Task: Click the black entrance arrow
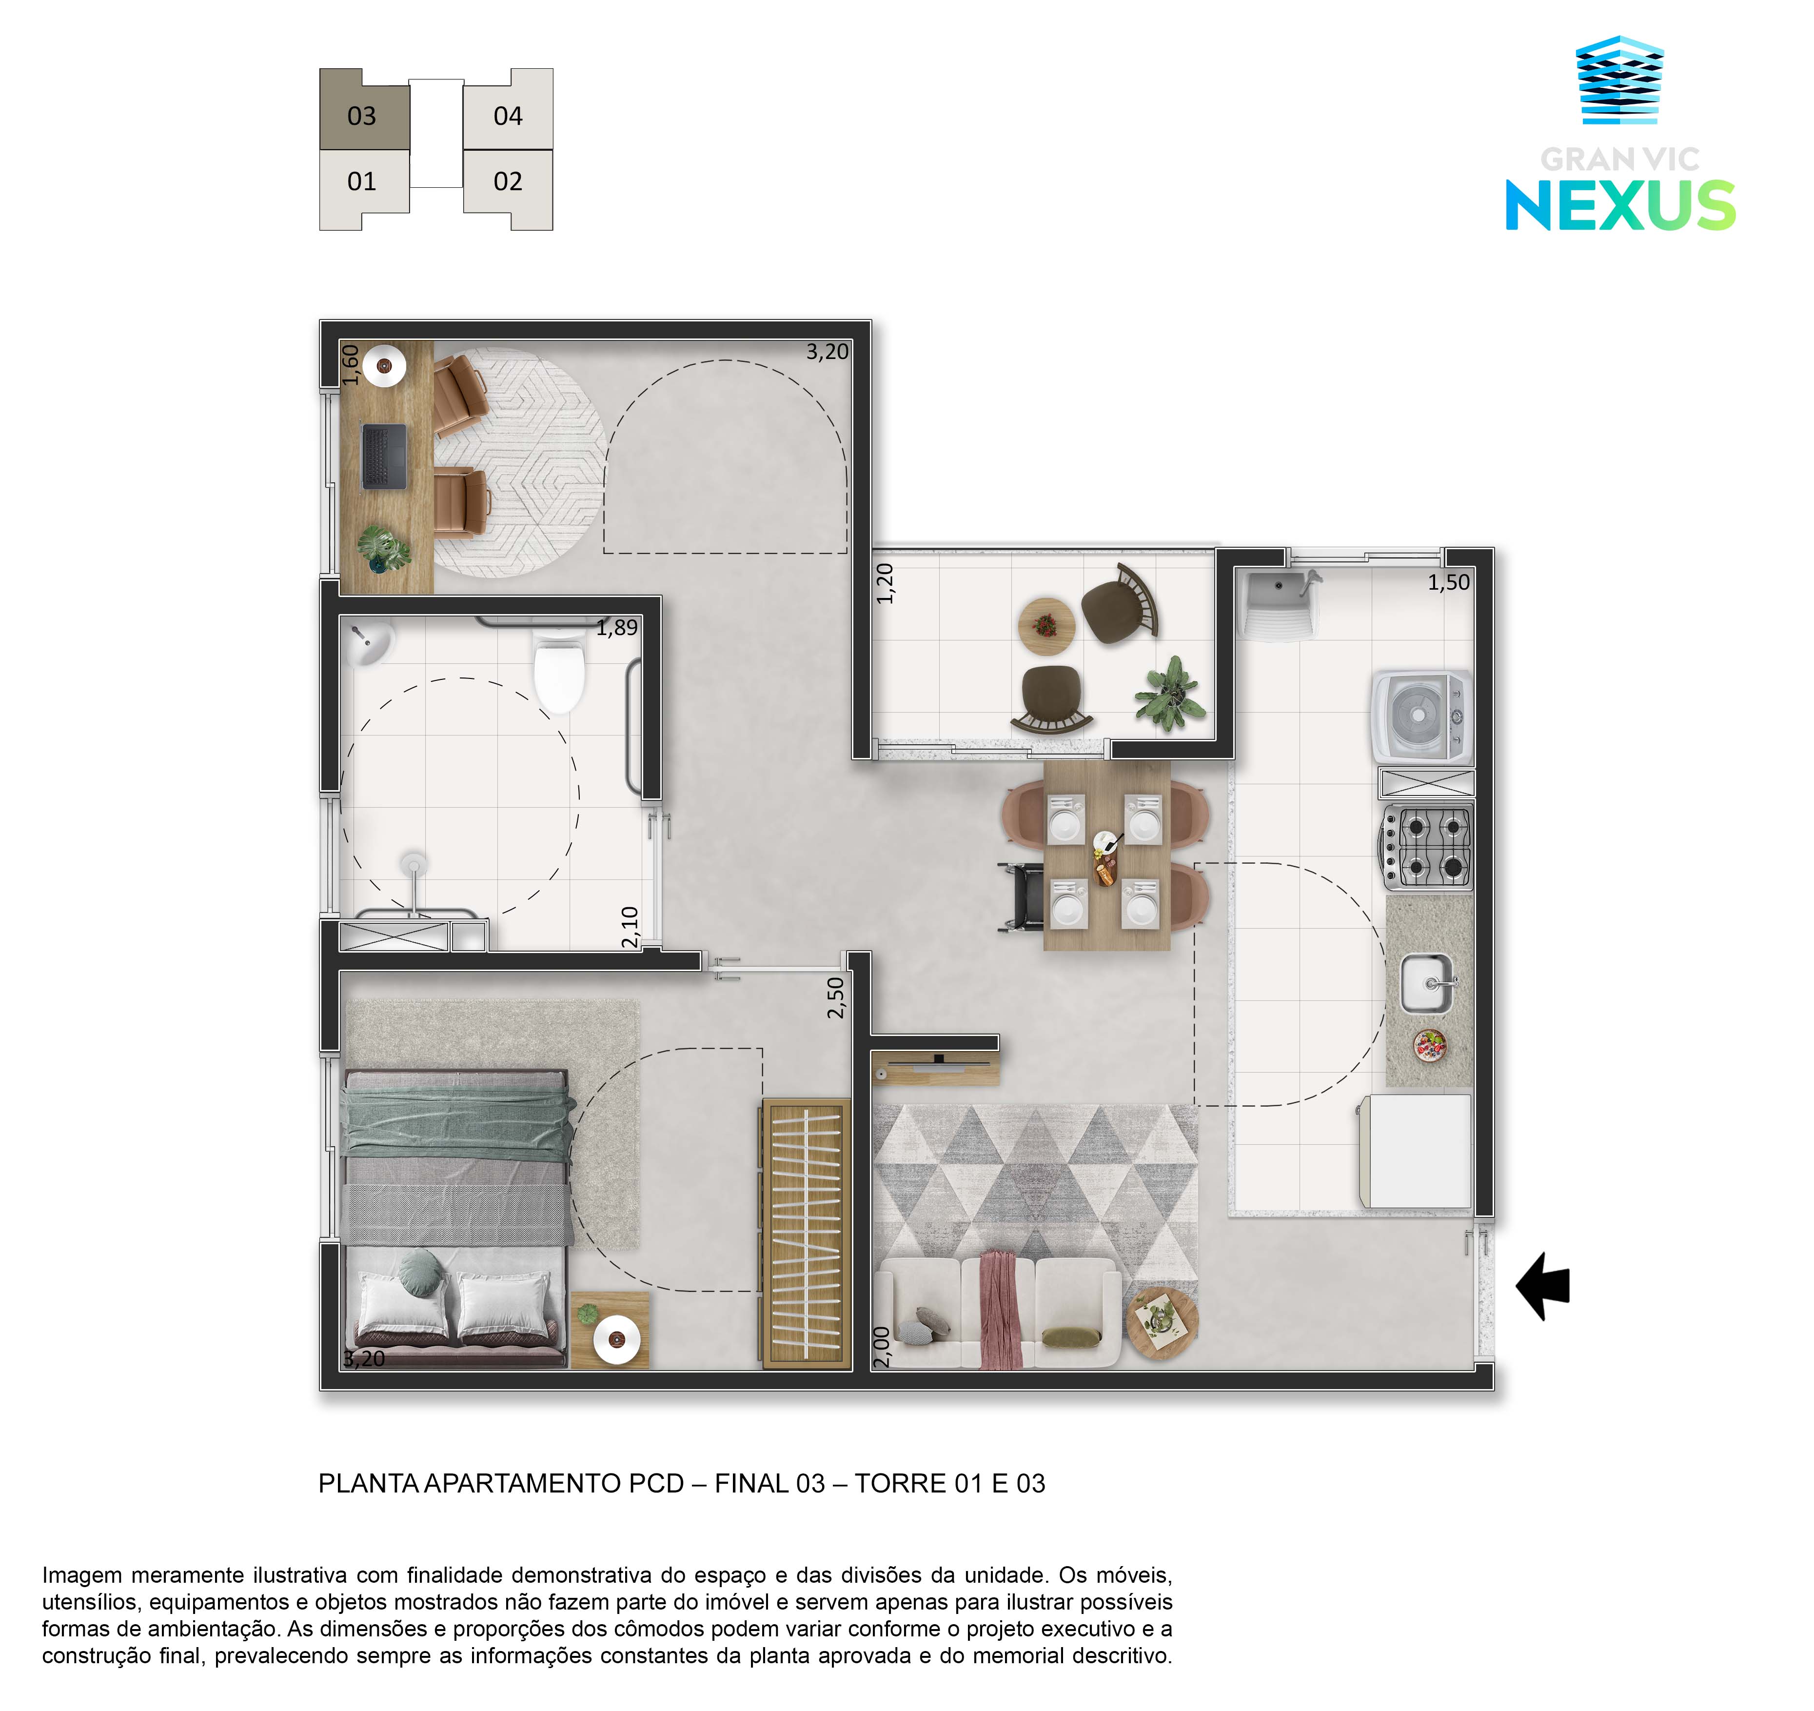(1544, 1287)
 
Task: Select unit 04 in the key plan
(508, 110)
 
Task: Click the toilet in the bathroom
(558, 670)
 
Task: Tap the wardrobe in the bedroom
(807, 1234)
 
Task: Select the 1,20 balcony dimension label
(884, 583)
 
